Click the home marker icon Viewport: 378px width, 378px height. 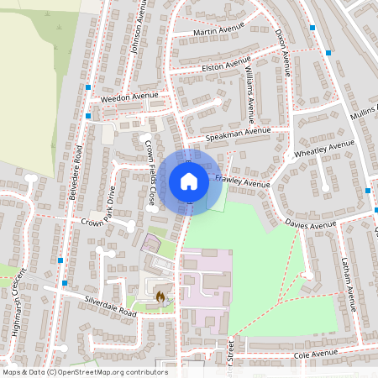coord(189,181)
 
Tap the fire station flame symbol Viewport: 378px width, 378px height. coord(160,296)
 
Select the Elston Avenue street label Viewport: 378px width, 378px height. coord(226,65)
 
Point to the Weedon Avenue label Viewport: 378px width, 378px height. coord(129,97)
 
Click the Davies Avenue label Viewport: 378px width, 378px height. coord(309,225)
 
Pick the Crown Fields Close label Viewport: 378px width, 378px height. coord(150,173)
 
